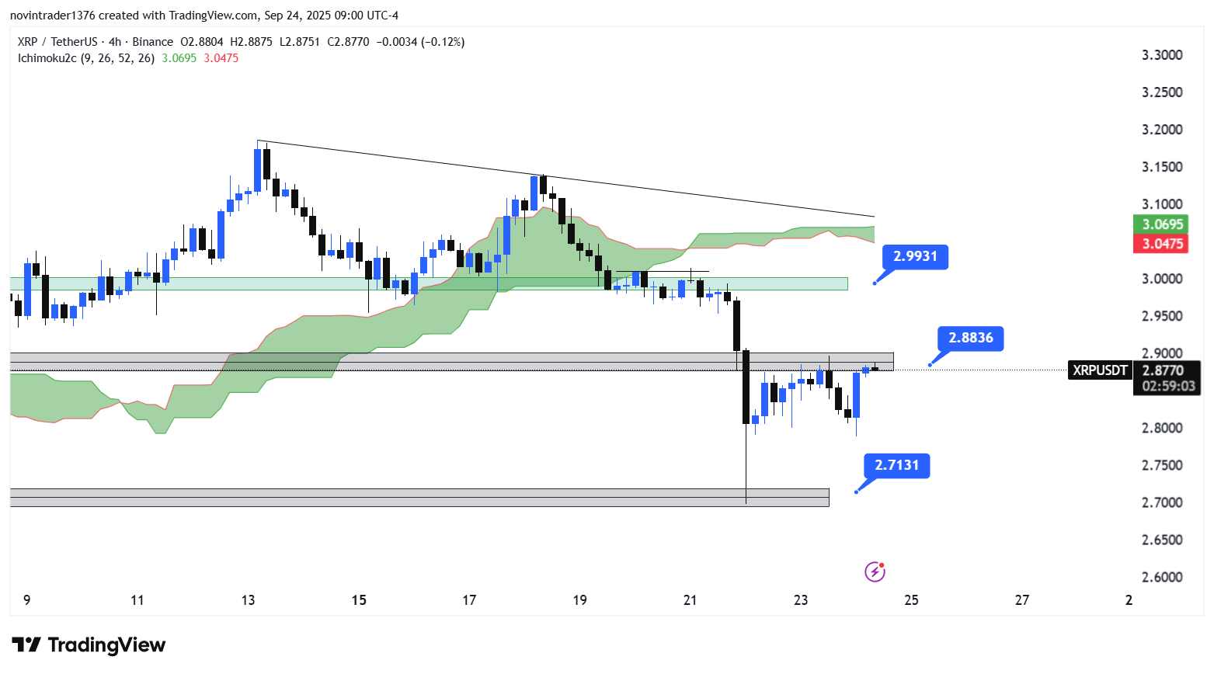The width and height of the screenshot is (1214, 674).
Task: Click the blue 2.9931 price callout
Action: pyautogui.click(x=915, y=256)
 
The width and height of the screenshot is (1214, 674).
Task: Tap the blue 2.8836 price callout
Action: pyautogui.click(x=970, y=338)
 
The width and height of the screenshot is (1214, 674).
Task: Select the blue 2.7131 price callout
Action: pyautogui.click(x=896, y=465)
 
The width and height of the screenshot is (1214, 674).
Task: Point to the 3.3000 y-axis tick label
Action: pyautogui.click(x=1162, y=55)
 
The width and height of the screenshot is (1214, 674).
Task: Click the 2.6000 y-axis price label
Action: pyautogui.click(x=1162, y=577)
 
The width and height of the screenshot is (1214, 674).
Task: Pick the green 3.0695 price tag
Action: pyautogui.click(x=1162, y=224)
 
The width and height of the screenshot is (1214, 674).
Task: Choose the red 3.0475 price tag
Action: pyautogui.click(x=1162, y=244)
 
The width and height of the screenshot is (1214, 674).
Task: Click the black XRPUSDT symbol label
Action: pyautogui.click(x=1100, y=370)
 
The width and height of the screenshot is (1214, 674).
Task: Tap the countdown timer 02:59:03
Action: pyautogui.click(x=1168, y=386)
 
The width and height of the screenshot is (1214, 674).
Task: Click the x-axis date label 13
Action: pyautogui.click(x=249, y=600)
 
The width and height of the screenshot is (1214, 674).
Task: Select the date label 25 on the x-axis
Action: pyautogui.click(x=911, y=600)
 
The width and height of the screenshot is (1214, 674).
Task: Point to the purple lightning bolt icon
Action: pyautogui.click(x=875, y=572)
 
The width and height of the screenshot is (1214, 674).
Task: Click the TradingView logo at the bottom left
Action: pyautogui.click(x=89, y=645)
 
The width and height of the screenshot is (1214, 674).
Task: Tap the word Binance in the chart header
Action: pyautogui.click(x=152, y=42)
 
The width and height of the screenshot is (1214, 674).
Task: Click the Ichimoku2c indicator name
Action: pyautogui.click(x=47, y=58)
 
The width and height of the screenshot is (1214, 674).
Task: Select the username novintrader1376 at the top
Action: pyautogui.click(x=51, y=16)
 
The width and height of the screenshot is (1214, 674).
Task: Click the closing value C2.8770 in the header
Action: pyautogui.click(x=348, y=42)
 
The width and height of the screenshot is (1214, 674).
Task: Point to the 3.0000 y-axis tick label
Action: pyautogui.click(x=1162, y=279)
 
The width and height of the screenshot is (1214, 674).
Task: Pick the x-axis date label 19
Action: pyautogui.click(x=579, y=600)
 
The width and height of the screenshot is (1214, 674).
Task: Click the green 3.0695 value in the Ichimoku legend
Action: pyautogui.click(x=179, y=58)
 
